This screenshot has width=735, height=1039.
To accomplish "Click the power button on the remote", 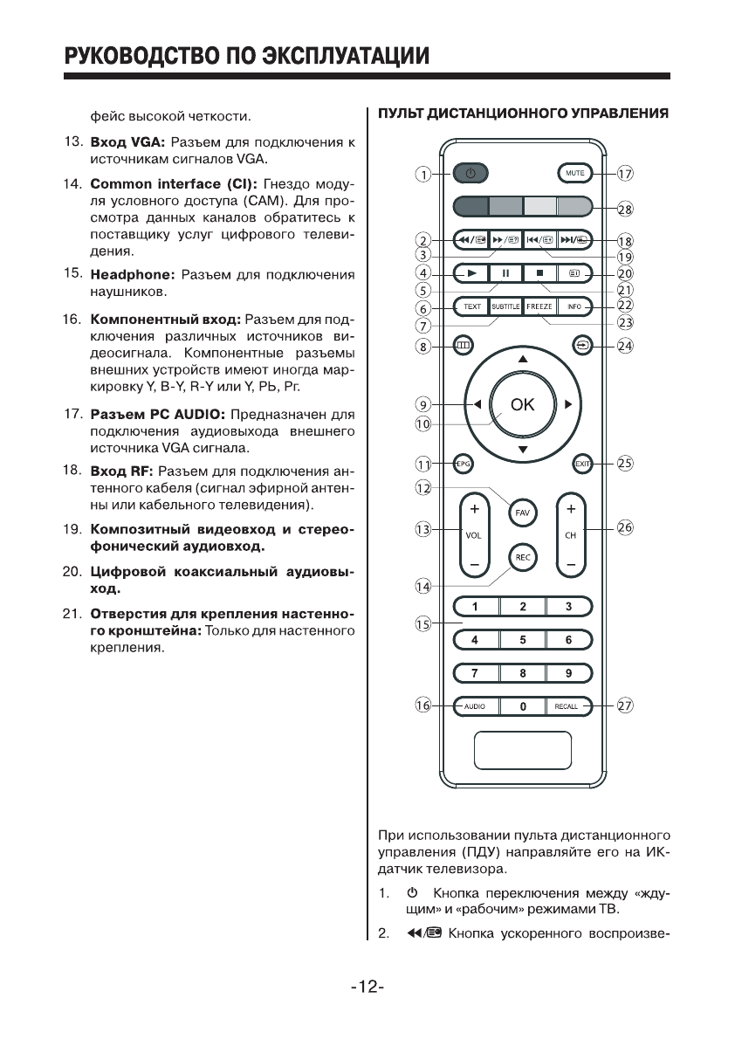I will click(470, 174).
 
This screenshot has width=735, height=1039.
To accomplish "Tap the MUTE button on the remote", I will click(574, 174).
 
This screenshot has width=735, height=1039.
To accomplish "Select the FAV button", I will click(522, 512).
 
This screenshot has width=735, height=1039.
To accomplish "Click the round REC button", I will click(522, 557).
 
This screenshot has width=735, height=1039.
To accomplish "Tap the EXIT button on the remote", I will click(581, 464).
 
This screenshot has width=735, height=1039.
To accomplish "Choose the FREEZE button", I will click(539, 306).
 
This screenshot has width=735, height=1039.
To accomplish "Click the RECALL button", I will click(567, 706).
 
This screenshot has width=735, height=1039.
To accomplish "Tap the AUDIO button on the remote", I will click(475, 706).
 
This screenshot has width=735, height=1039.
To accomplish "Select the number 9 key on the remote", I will click(568, 673).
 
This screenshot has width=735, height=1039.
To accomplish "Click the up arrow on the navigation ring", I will click(522, 359).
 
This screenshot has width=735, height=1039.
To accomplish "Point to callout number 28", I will click(625, 209).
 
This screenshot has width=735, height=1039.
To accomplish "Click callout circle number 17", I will click(625, 174).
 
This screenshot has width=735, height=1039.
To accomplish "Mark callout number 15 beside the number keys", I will click(423, 623).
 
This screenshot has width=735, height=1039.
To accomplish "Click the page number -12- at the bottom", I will click(367, 987).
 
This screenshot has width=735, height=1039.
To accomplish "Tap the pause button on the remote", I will click(505, 273).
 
